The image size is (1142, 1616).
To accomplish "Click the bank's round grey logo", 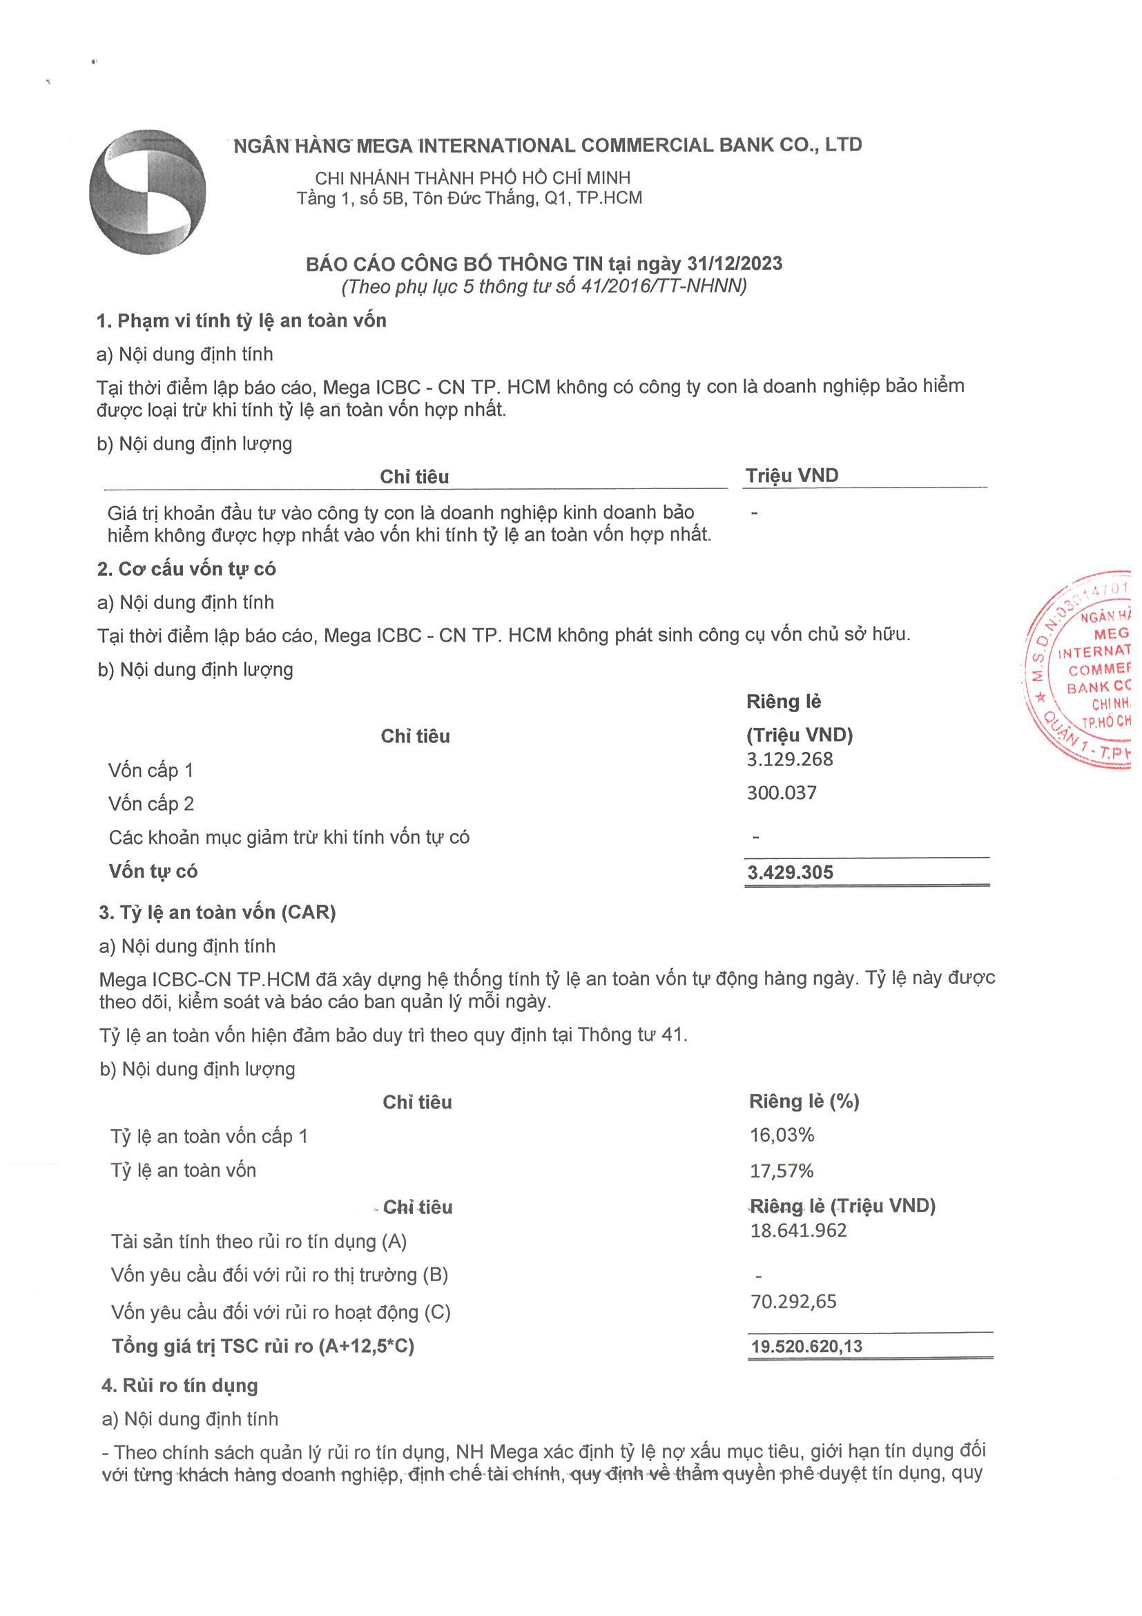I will click(147, 191).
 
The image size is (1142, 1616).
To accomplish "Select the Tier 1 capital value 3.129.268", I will click(789, 760).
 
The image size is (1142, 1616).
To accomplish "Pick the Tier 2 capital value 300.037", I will click(782, 793).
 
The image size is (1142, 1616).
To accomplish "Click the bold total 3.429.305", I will click(789, 873).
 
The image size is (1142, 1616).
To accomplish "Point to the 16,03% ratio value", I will click(782, 1135).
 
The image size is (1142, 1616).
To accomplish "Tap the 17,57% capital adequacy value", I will click(782, 1171).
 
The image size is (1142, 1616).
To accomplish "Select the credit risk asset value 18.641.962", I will click(799, 1230).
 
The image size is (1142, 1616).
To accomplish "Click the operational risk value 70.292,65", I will click(794, 1301).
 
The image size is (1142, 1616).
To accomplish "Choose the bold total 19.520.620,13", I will click(806, 1347).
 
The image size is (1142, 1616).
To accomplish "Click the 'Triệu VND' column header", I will click(791, 476).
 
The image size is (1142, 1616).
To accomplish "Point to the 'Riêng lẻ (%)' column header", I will click(804, 1102).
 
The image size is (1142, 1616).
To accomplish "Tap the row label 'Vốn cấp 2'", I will click(151, 804).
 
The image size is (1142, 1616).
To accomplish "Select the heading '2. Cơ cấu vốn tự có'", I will click(186, 568).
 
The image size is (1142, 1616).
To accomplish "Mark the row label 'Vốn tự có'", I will click(153, 872).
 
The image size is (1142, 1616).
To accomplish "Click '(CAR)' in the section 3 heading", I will click(308, 912).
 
